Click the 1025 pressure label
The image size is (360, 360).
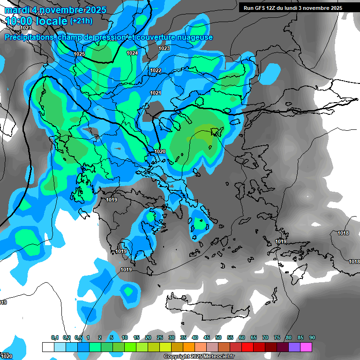pyautogui.click(x=79, y=54)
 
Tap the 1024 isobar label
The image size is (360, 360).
pyautogui.click(x=132, y=53)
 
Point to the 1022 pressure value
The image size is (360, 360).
pyautogui.click(x=156, y=70)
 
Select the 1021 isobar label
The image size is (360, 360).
pyautogui.click(x=156, y=93)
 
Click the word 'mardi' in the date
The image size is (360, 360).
pyautogui.click(x=16, y=10)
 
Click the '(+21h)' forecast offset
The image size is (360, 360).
pyautogui.click(x=81, y=21)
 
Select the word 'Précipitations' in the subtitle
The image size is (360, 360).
pyautogui.click(x=29, y=37)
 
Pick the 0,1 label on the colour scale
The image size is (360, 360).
pyautogui.click(x=54, y=337)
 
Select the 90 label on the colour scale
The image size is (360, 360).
pyautogui.click(x=312, y=337)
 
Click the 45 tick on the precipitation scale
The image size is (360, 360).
pyautogui.click(x=207, y=337)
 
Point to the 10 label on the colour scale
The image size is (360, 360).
pyautogui.click(x=125, y=337)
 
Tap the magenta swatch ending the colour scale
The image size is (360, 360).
pyautogui.click(x=306, y=347)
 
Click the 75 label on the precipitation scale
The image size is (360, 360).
pyautogui.click(x=277, y=337)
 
